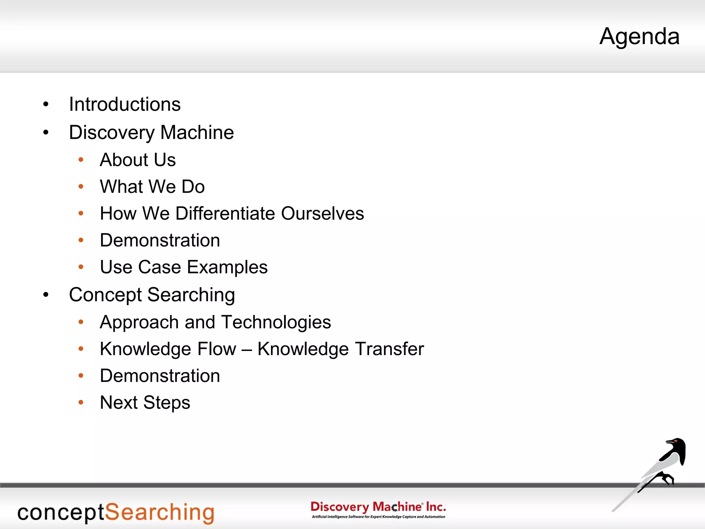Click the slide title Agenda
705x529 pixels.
pos(639,37)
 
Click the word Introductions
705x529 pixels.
pos(125,104)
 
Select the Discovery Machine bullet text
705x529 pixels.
pos(151,133)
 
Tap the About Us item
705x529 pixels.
pos(138,160)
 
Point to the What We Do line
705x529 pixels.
pos(152,187)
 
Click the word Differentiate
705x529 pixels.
pos(225,214)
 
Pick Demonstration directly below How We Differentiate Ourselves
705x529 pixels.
pos(160,240)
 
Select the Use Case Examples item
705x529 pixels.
pos(183,267)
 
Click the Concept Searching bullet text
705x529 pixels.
pos(152,295)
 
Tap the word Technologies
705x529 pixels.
pos(276,322)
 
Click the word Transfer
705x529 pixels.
pos(389,349)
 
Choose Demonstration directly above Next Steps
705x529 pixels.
pos(160,376)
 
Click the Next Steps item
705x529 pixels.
pos(145,403)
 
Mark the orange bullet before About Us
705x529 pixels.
pos(81,160)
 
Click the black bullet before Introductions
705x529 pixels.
pos(46,104)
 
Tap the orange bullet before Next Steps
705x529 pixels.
pos(81,402)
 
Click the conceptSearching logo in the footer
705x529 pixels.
pos(116,513)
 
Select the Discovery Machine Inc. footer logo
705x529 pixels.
pos(378,509)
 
